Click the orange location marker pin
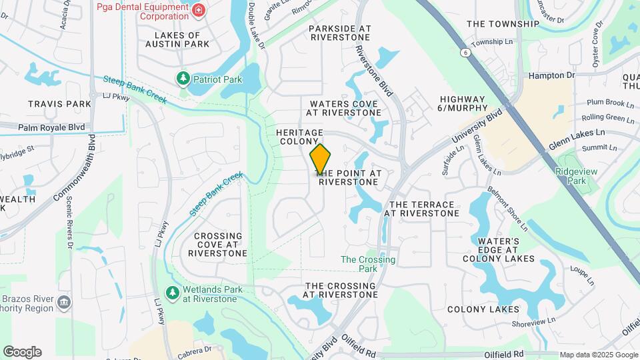tap(320, 159)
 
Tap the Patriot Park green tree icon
tap(183, 79)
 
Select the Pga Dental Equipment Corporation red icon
tap(197, 10)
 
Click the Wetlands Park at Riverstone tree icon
tap(172, 293)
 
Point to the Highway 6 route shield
tap(463, 51)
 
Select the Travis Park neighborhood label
tap(59, 104)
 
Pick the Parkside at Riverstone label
tap(340, 33)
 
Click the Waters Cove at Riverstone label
tap(343, 108)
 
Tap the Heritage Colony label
tap(299, 137)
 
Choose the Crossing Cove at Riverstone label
tap(218, 245)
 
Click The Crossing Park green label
tap(368, 264)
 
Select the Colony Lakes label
tap(483, 309)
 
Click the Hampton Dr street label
tap(551, 75)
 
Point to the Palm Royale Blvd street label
tap(51, 127)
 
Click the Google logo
tap(22, 352)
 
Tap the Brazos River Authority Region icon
tap(64, 303)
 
